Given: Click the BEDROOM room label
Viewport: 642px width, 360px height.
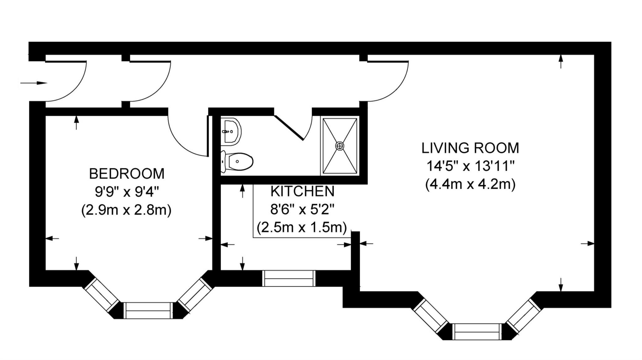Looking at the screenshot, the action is [x=127, y=174].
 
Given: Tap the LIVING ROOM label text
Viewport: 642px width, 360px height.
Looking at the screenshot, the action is [x=470, y=148].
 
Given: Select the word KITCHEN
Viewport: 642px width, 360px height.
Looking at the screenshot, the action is [x=303, y=191].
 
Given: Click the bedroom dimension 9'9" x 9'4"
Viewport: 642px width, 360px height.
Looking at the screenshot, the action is [x=127, y=192].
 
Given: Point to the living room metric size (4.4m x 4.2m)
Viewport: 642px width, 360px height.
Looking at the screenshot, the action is [x=470, y=185].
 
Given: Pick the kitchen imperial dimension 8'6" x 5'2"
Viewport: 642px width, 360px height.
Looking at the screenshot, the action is [x=303, y=209].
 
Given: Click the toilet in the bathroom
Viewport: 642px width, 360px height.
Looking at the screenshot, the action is [x=237, y=162].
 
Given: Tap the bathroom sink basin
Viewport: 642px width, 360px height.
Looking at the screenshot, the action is [x=231, y=132].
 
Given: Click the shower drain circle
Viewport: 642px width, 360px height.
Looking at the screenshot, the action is [x=340, y=146].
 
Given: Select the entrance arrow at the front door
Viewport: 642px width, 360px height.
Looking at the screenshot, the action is [x=34, y=83].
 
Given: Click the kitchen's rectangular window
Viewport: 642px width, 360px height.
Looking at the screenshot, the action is [x=289, y=278].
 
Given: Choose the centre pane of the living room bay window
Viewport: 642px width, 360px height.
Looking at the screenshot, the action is [x=477, y=332].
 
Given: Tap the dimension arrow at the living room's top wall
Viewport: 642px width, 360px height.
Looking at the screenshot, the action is [x=561, y=61].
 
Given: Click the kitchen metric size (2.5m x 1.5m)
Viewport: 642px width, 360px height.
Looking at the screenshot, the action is [x=302, y=227].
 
